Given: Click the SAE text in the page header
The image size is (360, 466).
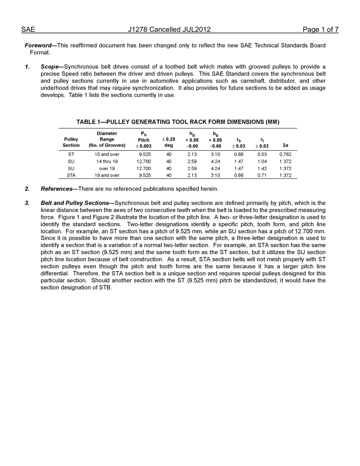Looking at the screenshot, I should [x=28, y=30].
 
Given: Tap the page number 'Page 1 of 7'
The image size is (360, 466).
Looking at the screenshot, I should [x=320, y=30].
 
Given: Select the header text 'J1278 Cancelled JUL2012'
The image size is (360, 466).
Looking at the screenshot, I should [x=169, y=30].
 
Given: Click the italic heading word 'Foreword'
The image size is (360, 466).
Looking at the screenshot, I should [x=38, y=45].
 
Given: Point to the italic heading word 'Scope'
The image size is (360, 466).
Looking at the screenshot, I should [x=50, y=67].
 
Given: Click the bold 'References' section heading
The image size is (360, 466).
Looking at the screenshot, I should [x=56, y=189].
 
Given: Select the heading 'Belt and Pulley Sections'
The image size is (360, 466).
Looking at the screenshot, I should [x=75, y=203].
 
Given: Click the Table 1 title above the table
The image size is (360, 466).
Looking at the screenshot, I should [x=178, y=122].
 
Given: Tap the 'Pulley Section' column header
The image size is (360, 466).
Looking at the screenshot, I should [x=71, y=142].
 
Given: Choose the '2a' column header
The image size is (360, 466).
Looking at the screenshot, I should [x=285, y=145].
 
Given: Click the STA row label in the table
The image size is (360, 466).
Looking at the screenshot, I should [x=71, y=175].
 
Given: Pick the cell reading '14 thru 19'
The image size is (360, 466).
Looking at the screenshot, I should [x=107, y=161].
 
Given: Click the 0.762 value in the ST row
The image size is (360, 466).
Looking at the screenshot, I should [x=285, y=154].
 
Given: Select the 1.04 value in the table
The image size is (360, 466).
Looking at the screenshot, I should [x=262, y=161].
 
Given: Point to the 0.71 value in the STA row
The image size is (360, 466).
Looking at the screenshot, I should [x=262, y=175].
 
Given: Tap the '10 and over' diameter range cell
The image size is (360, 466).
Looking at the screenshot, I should [x=107, y=154].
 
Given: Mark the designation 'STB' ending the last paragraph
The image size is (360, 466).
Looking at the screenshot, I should [x=106, y=288].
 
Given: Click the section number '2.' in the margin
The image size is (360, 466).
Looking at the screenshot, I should [x=27, y=189].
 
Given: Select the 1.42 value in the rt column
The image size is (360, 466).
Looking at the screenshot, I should [x=262, y=169].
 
